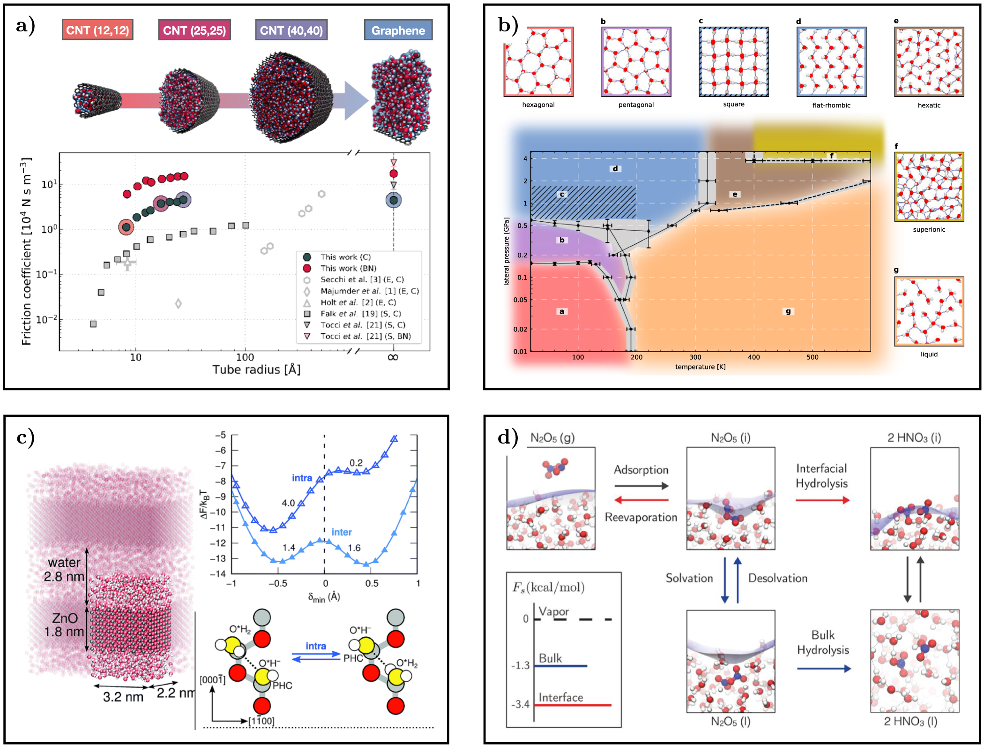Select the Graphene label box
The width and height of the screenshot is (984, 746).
point(398,30)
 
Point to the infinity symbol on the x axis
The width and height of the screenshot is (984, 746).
point(393,357)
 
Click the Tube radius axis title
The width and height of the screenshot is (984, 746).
point(256,370)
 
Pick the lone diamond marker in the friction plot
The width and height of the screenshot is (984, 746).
point(178,304)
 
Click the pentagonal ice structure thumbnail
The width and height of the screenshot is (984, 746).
point(636,62)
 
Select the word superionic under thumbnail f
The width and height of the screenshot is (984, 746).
point(929,230)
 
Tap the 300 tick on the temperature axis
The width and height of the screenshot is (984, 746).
point(695,357)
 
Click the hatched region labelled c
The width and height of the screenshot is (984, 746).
point(583,202)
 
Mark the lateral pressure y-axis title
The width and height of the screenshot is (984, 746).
point(506,251)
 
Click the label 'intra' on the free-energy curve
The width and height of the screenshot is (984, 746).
point(302,478)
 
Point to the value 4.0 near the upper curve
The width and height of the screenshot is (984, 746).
point(288,503)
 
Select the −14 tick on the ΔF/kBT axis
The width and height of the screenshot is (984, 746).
point(220,574)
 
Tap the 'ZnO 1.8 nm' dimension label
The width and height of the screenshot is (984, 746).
point(64,625)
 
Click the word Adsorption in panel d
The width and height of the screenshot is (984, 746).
point(641,470)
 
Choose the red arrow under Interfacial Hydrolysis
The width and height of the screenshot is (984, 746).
point(822,500)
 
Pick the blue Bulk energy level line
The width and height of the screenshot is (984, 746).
point(560,666)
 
